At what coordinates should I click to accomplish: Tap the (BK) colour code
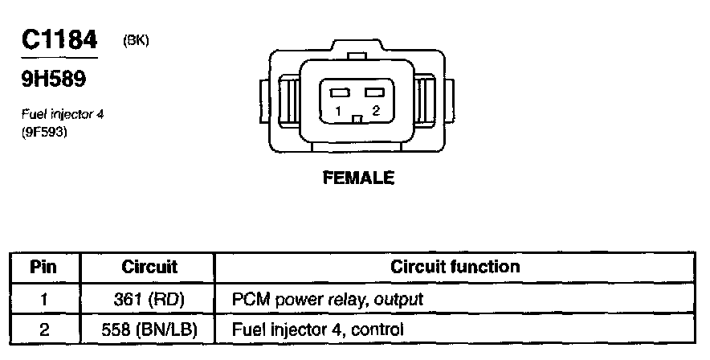[x=136, y=40]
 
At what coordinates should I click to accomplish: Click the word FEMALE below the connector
[x=358, y=178]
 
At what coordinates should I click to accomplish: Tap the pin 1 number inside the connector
[x=339, y=111]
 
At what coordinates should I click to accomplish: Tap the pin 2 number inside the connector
[x=375, y=111]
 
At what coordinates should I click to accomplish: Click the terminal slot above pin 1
[x=337, y=93]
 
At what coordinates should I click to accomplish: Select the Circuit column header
[x=149, y=266]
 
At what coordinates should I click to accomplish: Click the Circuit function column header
[x=455, y=266]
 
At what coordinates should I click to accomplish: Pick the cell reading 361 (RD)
[x=149, y=299]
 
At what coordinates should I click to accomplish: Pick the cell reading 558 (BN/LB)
[x=149, y=329]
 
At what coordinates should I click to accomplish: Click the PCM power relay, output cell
[x=327, y=299]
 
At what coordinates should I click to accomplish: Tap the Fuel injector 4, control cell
[x=317, y=329]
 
